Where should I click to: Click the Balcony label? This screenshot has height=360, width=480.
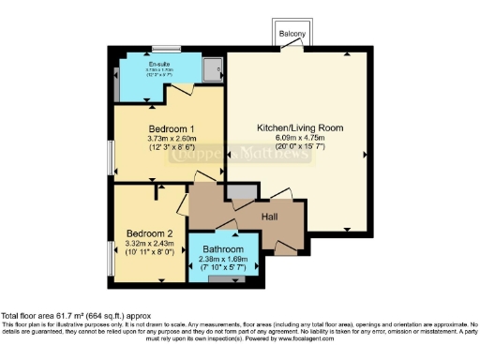click(292, 35)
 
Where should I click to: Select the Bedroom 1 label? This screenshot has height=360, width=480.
click(171, 128)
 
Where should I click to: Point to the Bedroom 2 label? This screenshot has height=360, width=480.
click(150, 233)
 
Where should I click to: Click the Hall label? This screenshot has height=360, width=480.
click(270, 215)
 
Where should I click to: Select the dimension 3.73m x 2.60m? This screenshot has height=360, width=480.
click(171, 139)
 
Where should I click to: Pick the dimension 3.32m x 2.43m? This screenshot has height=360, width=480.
click(150, 244)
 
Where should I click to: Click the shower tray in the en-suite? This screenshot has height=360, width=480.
click(212, 67)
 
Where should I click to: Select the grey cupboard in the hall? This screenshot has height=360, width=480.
click(241, 192)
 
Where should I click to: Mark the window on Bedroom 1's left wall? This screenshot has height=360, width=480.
click(110, 155)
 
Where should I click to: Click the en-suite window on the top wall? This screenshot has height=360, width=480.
click(167, 48)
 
